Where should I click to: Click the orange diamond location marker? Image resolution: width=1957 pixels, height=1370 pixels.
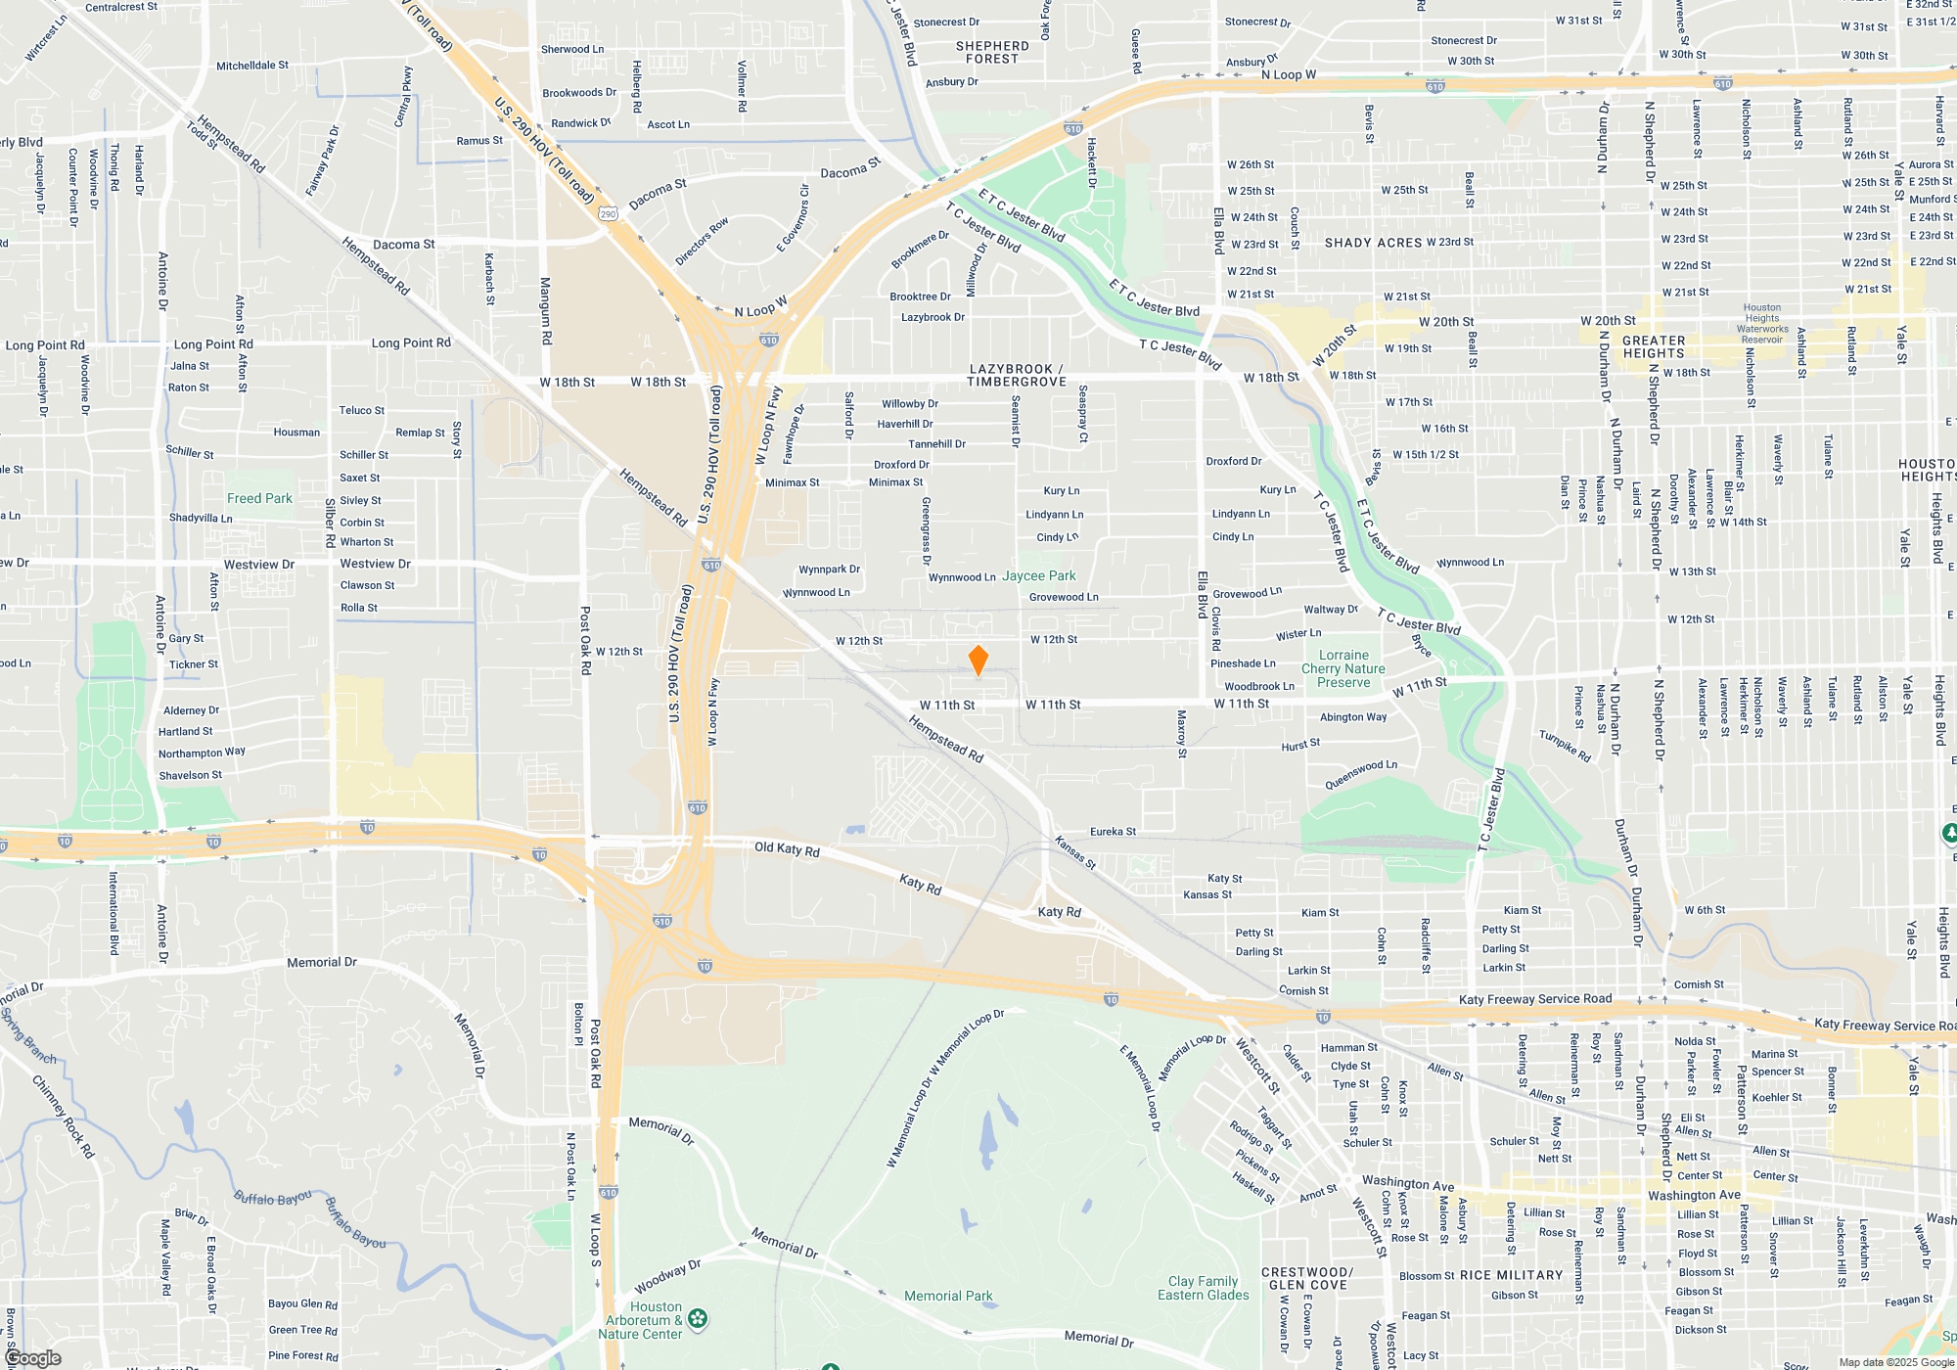tap(978, 661)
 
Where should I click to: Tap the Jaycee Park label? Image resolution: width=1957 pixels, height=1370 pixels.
tap(1038, 576)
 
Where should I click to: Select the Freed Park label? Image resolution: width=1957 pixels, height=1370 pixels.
tap(259, 498)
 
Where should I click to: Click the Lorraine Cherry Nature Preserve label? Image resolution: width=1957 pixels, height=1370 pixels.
tap(1343, 669)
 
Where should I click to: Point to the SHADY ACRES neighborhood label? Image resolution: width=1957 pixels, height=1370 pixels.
tap(1373, 243)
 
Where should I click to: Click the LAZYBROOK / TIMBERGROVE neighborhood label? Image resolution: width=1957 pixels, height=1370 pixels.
tap(1016, 376)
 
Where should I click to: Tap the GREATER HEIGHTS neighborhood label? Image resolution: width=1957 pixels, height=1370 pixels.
tap(1654, 347)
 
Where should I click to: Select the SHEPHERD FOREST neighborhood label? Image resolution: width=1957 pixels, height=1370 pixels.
tap(992, 53)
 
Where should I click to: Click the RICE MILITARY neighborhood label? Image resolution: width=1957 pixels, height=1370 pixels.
tap(1511, 1275)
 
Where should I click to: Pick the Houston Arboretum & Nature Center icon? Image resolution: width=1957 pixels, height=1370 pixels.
tap(698, 1319)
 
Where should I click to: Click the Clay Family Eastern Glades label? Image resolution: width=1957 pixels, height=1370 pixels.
tap(1203, 1288)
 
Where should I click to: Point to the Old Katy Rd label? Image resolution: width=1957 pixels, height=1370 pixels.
tap(787, 848)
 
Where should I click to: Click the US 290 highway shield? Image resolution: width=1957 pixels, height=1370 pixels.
tap(609, 213)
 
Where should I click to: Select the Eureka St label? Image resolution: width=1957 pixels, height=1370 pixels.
tap(1113, 832)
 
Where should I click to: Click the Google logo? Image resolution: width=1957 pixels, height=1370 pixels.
tap(32, 1358)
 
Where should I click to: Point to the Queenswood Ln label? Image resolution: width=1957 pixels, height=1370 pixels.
tap(1360, 775)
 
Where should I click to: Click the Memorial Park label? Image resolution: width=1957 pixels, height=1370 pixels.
tap(947, 1297)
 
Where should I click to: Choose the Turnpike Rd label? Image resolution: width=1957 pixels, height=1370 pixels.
tap(1565, 746)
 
